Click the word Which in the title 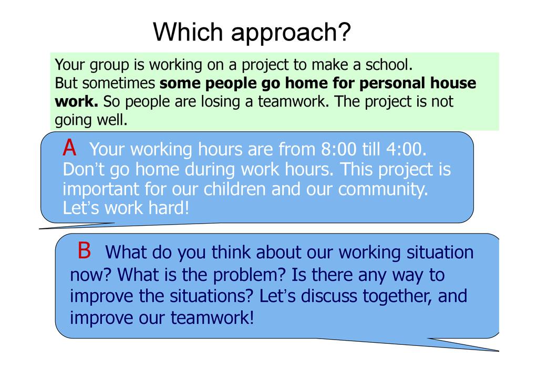pyautogui.click(x=188, y=32)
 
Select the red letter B pyautogui.click(x=85, y=250)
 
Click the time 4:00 pyautogui.click(x=407, y=149)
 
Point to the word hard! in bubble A pyautogui.click(x=169, y=208)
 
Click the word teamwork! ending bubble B pyautogui.click(x=212, y=318)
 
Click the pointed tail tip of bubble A pyautogui.click(x=39, y=228)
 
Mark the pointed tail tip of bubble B pyautogui.click(x=499, y=351)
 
